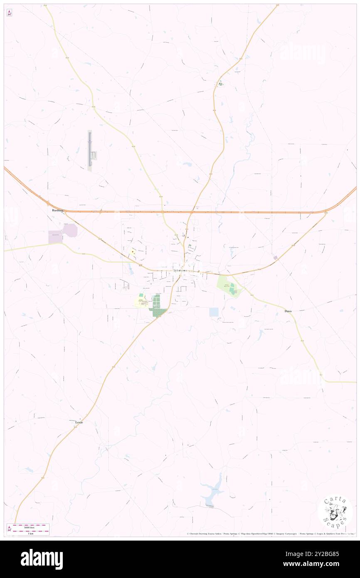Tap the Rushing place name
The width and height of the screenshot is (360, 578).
[58, 210]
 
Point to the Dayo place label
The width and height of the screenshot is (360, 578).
[288, 311]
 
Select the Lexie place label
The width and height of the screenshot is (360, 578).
[79, 422]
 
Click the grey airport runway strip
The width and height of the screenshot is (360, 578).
[89, 150]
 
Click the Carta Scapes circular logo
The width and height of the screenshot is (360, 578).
[335, 513]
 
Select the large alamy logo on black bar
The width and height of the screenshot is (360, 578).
[42, 559]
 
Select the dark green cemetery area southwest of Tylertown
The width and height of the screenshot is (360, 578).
[157, 307]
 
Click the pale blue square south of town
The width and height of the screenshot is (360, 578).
[214, 312]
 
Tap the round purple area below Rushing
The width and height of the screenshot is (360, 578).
[70, 230]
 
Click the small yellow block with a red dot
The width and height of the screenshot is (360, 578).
[133, 252]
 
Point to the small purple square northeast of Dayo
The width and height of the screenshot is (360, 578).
[275, 258]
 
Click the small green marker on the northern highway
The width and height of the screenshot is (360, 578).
[221, 84]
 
